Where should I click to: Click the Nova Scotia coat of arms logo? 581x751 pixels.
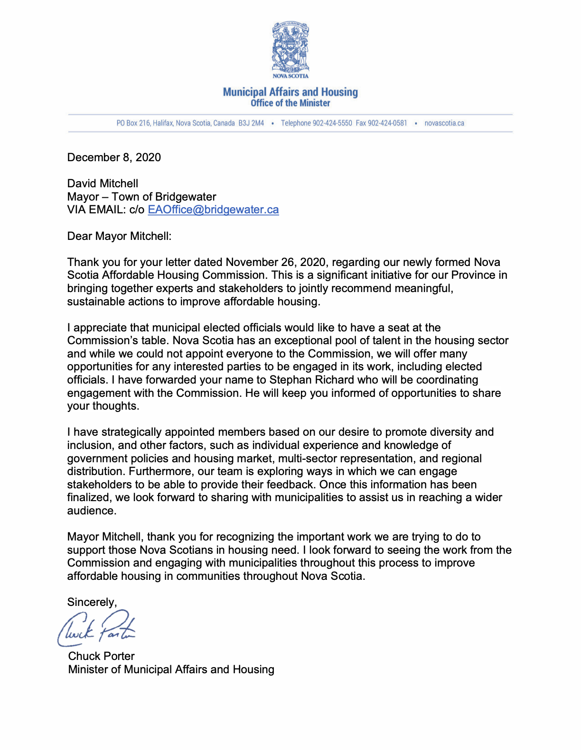click(290, 50)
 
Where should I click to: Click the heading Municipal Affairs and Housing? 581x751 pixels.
click(290, 92)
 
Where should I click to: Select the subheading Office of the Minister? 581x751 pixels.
click(290, 103)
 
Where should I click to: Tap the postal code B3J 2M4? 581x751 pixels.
click(251, 123)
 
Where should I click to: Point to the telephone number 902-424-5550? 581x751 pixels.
click(332, 123)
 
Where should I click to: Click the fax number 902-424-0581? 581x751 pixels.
click(387, 123)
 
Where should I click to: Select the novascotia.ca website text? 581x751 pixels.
click(444, 123)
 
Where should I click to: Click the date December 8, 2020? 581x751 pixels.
click(114, 157)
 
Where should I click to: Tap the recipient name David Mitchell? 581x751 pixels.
click(103, 183)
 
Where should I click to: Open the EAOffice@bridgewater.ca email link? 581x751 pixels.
click(213, 210)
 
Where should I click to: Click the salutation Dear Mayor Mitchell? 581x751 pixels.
click(119, 236)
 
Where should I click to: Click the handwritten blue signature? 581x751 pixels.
click(96, 628)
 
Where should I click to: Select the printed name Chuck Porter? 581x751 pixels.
click(101, 656)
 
